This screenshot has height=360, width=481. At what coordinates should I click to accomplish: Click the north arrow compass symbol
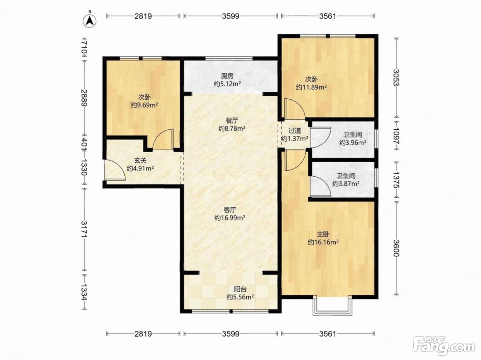[x=90, y=21]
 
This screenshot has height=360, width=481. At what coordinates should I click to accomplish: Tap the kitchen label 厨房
[x=227, y=76]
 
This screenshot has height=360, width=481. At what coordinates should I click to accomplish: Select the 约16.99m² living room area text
[x=230, y=218]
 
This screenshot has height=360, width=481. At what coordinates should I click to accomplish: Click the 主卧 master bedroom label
[x=323, y=234]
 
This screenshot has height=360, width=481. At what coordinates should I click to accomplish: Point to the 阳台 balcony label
[x=240, y=289]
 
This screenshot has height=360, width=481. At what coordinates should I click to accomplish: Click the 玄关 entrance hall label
[x=140, y=161]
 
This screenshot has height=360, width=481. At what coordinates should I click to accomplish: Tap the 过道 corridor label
[x=294, y=131]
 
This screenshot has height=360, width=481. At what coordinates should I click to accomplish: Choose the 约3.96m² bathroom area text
[x=353, y=143]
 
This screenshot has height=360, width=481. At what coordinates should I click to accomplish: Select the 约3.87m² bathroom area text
[x=346, y=184]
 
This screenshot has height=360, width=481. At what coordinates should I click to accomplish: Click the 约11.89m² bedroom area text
[x=311, y=87]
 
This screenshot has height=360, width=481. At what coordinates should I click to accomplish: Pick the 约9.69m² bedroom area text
[x=144, y=105]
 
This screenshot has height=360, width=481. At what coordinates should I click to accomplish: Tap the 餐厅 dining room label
[x=232, y=120]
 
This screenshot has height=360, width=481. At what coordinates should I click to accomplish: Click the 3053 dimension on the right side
[x=396, y=78]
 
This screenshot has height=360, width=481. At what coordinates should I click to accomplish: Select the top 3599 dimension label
[x=231, y=16]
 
